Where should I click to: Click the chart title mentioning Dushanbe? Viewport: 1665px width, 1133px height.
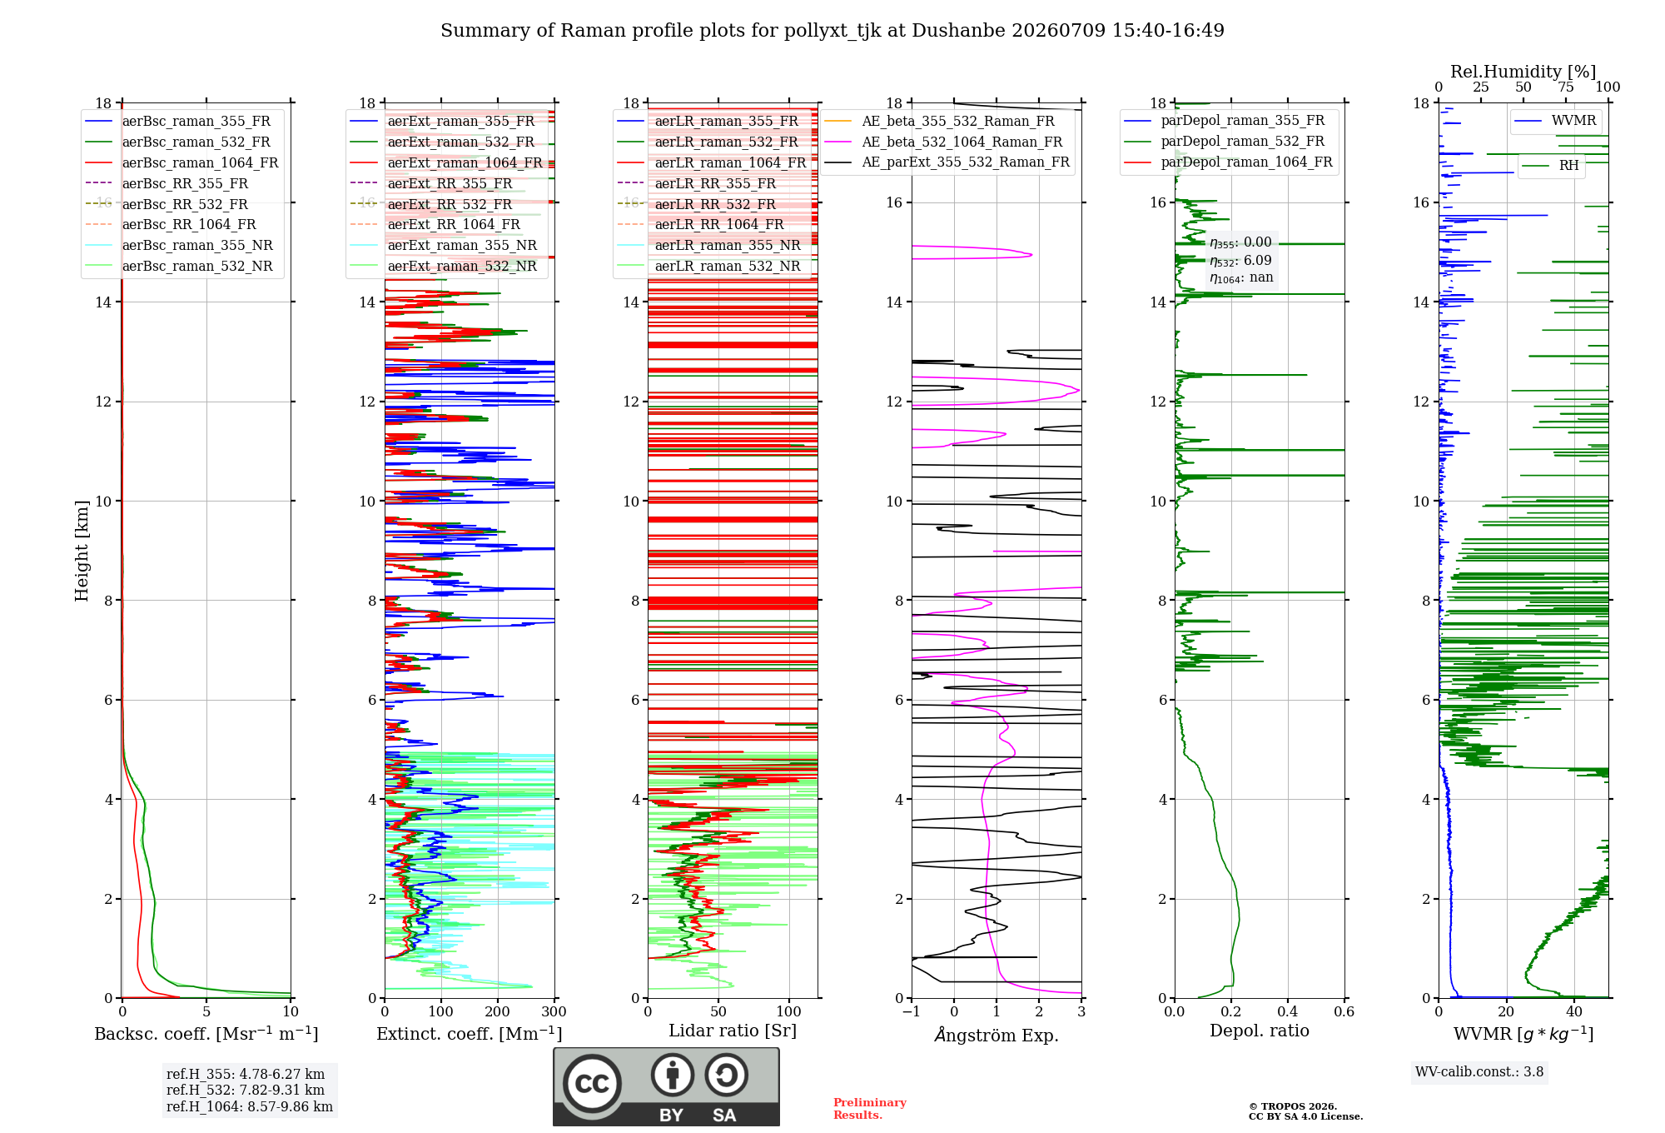(832, 31)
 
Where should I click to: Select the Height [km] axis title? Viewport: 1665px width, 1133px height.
(82, 550)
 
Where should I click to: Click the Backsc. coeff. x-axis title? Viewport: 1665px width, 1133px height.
(206, 1034)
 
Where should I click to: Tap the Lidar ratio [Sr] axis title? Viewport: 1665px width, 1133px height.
(733, 1031)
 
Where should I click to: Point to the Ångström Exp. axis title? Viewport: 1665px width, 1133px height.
(997, 1035)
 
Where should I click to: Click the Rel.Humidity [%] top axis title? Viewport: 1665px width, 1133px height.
(1523, 72)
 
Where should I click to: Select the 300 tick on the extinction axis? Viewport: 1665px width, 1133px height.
(554, 1012)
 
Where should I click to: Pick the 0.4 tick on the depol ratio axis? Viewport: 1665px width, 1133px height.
(1288, 1012)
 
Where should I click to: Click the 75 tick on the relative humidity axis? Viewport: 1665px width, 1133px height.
(1566, 87)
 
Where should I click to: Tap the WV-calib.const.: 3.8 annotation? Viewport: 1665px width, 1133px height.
(1479, 1072)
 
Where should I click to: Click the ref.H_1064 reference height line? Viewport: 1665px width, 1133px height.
(250, 1107)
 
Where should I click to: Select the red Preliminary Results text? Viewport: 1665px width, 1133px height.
(870, 1109)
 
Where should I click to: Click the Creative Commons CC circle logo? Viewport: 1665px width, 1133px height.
(592, 1084)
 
